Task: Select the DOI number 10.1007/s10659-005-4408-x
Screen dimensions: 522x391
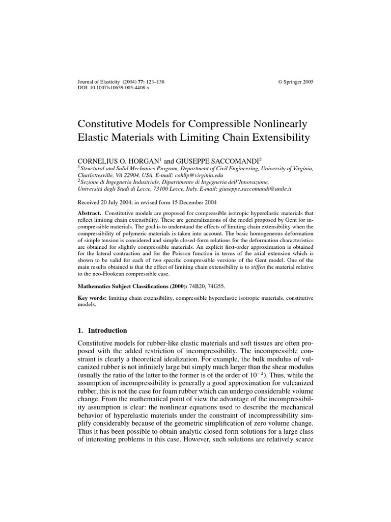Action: pos(117,88)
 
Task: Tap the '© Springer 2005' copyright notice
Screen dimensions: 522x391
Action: pos(295,82)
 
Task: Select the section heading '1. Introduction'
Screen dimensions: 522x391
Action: pos(102,330)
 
